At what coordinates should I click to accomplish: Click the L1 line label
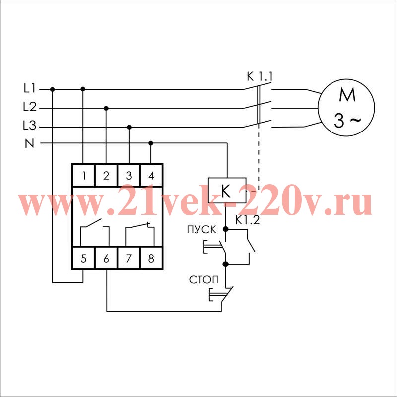(x=30, y=88)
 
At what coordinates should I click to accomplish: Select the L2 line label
(x=30, y=107)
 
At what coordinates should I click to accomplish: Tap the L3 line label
(x=30, y=126)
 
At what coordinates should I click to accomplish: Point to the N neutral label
(x=29, y=143)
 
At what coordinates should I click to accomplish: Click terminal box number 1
(x=83, y=175)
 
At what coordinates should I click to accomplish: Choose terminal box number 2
(x=106, y=175)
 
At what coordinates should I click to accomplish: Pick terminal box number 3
(x=129, y=175)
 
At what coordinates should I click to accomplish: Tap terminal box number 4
(x=151, y=175)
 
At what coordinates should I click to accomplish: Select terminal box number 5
(x=83, y=258)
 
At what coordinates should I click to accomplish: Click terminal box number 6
(x=106, y=258)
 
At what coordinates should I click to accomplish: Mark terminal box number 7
(x=129, y=258)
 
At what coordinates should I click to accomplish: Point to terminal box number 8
(x=151, y=258)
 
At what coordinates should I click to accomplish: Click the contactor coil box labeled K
(x=227, y=190)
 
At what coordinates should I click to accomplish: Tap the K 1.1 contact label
(x=260, y=77)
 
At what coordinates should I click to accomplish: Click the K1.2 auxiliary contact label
(x=247, y=220)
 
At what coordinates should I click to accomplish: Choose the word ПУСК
(x=202, y=230)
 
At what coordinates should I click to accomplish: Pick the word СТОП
(x=204, y=280)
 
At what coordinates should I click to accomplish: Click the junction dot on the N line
(x=151, y=143)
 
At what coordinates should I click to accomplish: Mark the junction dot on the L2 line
(x=106, y=108)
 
